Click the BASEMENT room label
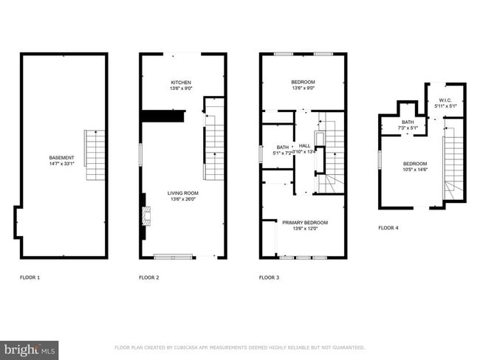click(x=61, y=158)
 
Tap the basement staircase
click(x=95, y=155)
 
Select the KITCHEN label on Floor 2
click(x=181, y=82)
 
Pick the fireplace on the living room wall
click(x=146, y=216)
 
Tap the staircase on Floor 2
click(x=214, y=140)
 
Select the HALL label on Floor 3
click(x=304, y=145)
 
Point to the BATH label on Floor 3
click(x=282, y=147)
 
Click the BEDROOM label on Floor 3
click(x=304, y=81)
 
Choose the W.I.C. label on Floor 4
click(x=445, y=101)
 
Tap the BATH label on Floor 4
click(x=408, y=122)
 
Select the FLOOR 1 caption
click(x=30, y=278)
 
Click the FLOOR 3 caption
click(x=269, y=278)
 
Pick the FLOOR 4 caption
click(x=388, y=228)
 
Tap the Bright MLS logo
click(x=30, y=349)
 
